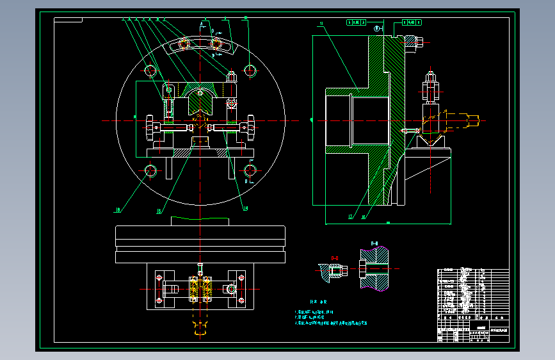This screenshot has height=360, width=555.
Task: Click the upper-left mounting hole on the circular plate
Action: [151, 70]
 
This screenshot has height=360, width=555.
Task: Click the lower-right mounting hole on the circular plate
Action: [250, 170]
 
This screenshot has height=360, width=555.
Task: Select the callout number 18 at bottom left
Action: [118, 209]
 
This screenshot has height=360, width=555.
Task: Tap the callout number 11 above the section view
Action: [321, 24]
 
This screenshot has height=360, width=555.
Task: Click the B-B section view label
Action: [374, 243]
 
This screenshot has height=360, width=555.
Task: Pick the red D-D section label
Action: [334, 258]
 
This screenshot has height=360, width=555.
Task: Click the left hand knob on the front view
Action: [150, 128]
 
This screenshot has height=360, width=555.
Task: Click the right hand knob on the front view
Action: [248, 128]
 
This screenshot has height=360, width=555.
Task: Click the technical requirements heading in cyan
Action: [318, 301]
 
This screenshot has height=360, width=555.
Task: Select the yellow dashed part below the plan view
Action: [200, 331]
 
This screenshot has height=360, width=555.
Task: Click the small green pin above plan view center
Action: [200, 268]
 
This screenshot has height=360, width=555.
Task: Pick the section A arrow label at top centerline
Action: [202, 24]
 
